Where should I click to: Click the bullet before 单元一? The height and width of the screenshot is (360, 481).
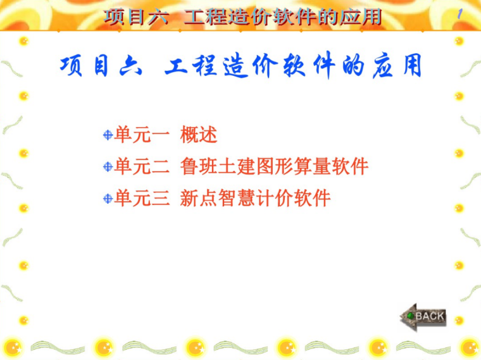pos(108,135)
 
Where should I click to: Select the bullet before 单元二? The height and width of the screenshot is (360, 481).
pos(108,167)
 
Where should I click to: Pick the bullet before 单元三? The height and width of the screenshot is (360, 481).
pos(108,199)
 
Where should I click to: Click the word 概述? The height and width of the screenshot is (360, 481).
pos(199,135)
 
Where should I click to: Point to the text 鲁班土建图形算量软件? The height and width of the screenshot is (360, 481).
pos(274,167)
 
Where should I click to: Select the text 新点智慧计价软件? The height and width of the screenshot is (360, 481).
pos(255,199)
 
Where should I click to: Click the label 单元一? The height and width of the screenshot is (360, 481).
pos(142,135)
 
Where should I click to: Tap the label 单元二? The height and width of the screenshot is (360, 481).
pos(142,167)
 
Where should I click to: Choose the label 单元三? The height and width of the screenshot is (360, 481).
pos(142,199)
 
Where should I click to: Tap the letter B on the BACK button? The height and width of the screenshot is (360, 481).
pos(420,316)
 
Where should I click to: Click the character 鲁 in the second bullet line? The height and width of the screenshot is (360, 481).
pos(189,167)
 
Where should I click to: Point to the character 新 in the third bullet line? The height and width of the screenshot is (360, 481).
pos(189,199)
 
